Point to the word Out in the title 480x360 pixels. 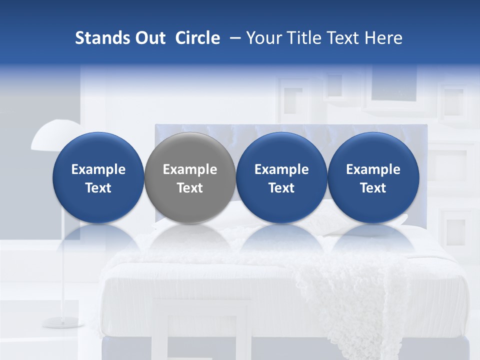[148, 38]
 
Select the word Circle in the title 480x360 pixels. [197, 38]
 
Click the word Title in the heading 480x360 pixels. [304, 38]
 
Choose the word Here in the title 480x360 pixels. [383, 38]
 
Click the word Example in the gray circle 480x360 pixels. [190, 169]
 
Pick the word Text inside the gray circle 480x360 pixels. [190, 188]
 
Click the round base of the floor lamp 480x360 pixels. [62, 322]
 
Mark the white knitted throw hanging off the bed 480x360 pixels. [345, 300]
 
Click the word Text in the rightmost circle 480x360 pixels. [373, 188]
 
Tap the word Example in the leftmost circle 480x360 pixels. [98, 169]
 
